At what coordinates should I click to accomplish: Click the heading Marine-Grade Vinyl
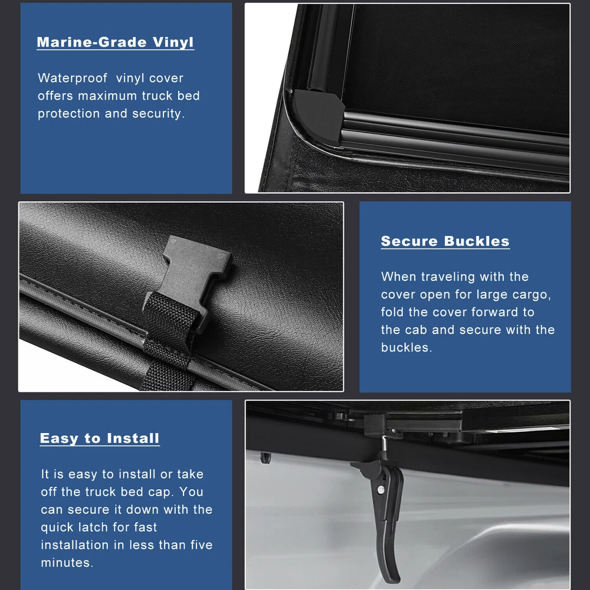pos(115,42)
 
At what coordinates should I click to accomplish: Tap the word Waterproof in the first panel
pos(72,78)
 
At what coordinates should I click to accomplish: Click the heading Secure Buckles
pos(445,241)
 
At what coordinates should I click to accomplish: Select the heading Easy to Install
pos(100,438)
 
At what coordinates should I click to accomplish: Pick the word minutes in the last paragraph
pos(67,562)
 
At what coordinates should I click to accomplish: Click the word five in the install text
pos(199,545)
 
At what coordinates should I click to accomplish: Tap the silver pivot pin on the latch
pos(381,490)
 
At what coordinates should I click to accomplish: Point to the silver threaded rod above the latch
pos(384,444)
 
